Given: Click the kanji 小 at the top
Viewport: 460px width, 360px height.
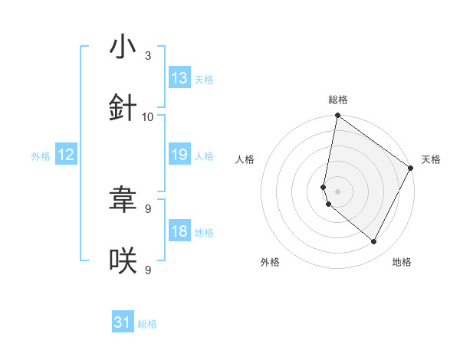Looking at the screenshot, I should pos(123,47).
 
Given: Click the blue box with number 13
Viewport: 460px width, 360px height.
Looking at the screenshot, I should pos(179,78).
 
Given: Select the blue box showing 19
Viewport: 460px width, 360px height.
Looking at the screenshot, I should pos(179,155).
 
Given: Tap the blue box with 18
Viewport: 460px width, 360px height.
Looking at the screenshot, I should pos(179,231).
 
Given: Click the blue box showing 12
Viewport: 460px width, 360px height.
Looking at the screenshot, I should pos(66,155).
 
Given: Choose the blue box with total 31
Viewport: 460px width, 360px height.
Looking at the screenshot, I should pos(123,323).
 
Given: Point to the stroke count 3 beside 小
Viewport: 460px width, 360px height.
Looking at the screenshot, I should pos(148,56).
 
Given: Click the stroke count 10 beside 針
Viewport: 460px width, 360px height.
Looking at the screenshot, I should pos(148,117).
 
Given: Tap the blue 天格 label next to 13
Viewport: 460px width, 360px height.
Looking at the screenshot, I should pos(203,79).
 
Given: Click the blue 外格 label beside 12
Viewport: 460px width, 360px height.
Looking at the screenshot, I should pos(41,155).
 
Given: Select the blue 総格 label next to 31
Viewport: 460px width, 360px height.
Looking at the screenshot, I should pos(147,324).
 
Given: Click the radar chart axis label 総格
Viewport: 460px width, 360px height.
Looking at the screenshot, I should pos(337,100).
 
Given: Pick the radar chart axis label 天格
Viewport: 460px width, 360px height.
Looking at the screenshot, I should pos(431,159).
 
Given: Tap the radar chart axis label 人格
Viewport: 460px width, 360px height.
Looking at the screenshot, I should pos(245,159).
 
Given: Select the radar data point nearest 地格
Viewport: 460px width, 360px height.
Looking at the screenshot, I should pos(374,242).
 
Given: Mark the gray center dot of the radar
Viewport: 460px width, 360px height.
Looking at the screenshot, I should pos(337,191).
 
